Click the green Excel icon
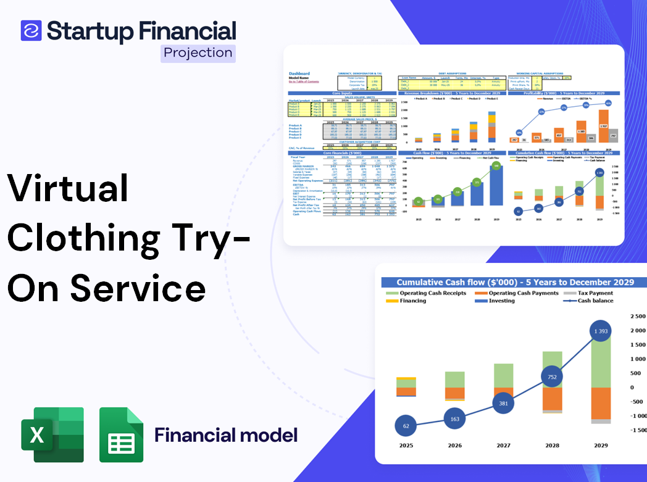click(52, 434)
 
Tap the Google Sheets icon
click(121, 434)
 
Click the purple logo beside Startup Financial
click(31, 30)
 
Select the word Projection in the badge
click(198, 52)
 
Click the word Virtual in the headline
click(68, 189)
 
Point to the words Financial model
click(225, 435)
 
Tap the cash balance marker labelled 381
click(503, 403)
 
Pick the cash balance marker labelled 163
click(454, 419)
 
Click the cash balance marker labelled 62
click(405, 425)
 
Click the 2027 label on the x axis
click(503, 445)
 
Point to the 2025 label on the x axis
click(406, 445)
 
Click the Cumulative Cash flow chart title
click(515, 282)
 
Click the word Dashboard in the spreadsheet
click(299, 74)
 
